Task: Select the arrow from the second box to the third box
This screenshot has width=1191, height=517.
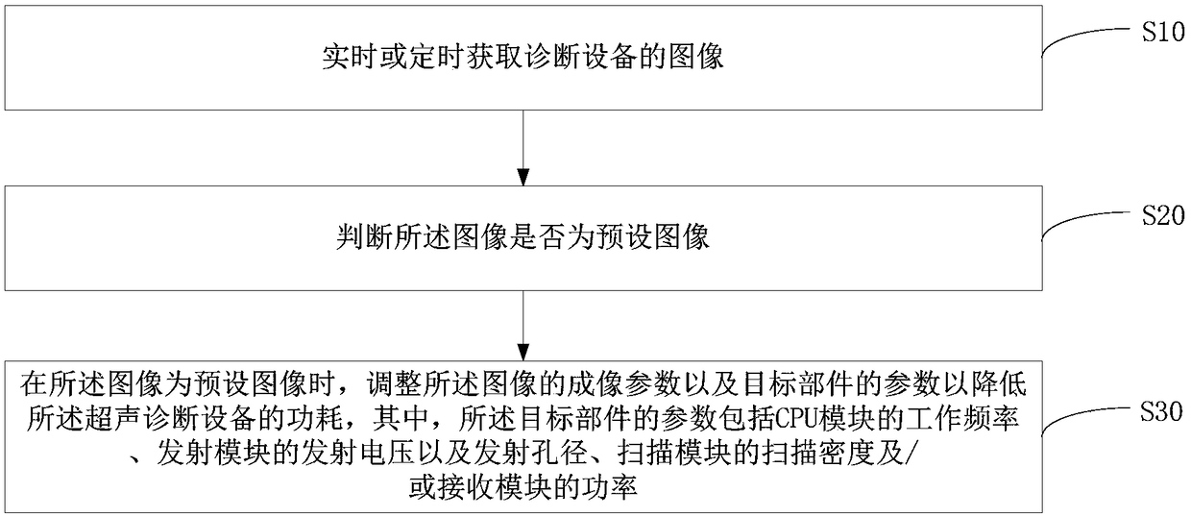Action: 523,323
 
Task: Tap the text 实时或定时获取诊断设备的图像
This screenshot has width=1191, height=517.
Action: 523,59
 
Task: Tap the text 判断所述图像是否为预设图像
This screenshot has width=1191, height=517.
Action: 523,237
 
